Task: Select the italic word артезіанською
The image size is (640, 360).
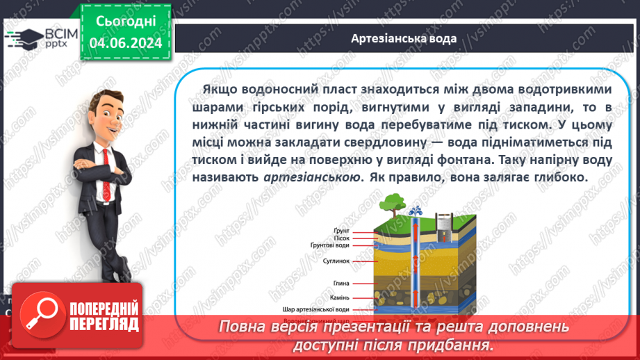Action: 313,177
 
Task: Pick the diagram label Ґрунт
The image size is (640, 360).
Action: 343,231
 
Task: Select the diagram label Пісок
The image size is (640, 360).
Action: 343,238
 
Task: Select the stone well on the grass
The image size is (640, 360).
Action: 444,224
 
